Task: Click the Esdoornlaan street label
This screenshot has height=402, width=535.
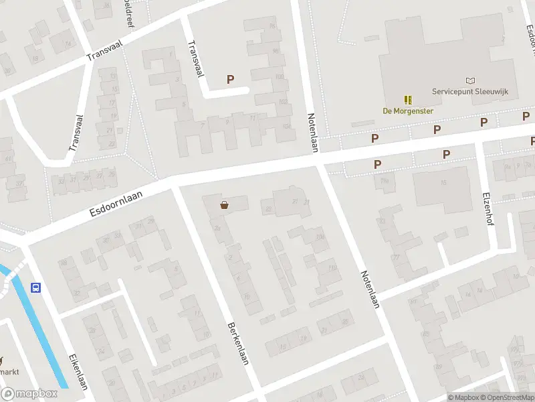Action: pos(119,202)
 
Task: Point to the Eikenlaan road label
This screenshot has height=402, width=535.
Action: pos(79,371)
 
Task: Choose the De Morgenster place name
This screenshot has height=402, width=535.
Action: pos(408,111)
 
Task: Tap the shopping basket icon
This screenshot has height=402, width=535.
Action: pos(224,205)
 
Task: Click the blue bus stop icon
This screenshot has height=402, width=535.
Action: pos(35,288)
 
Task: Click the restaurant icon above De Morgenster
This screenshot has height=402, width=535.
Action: pos(408,100)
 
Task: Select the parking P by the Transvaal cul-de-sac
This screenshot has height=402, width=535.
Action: pos(231,79)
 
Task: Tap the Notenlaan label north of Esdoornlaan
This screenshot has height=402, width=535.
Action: pos(311,131)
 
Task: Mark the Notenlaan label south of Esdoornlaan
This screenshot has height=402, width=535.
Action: pos(370,289)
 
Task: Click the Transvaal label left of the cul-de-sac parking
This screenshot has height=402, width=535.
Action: pos(195,59)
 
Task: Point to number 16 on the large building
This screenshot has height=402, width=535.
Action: pos(442,183)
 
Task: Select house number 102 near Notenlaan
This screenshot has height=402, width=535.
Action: pos(284,102)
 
